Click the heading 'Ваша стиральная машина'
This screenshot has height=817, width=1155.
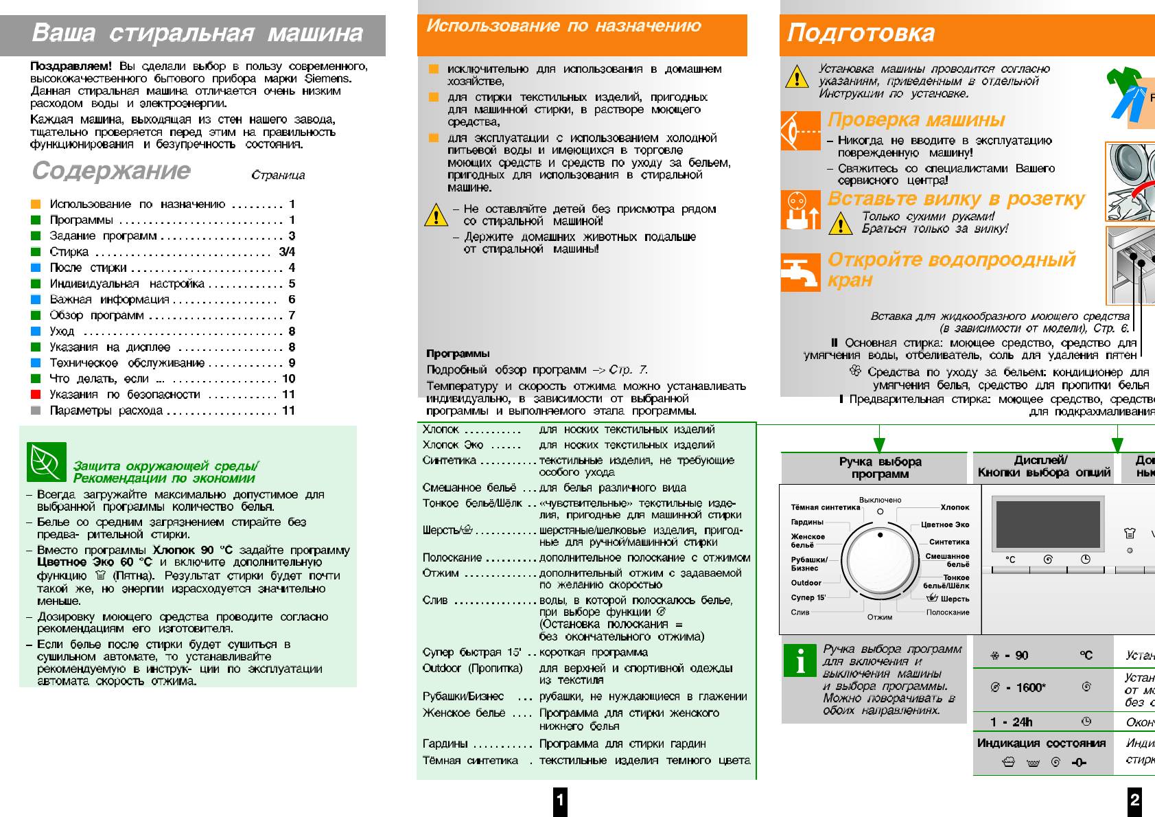(x=197, y=33)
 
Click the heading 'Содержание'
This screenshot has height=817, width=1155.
(x=111, y=170)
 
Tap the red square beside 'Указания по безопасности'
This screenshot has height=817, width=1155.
(x=36, y=395)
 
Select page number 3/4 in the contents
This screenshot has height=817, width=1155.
(x=287, y=252)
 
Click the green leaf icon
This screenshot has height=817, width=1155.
(x=47, y=461)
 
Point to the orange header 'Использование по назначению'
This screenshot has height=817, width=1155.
(x=563, y=26)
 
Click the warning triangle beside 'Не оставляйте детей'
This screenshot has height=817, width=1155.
(x=436, y=216)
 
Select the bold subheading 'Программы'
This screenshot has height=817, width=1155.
(x=458, y=354)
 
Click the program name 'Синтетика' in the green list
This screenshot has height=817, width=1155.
(x=450, y=461)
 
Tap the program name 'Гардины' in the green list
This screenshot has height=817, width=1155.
(x=445, y=744)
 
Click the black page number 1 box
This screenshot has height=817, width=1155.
(x=561, y=799)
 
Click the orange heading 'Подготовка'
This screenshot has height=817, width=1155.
(x=861, y=33)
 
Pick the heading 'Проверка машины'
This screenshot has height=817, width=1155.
(x=916, y=119)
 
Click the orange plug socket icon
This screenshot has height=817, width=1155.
(x=800, y=210)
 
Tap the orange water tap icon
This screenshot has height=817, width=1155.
(x=800, y=272)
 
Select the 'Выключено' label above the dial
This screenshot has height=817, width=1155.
(x=880, y=500)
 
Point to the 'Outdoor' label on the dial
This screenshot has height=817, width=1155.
(x=806, y=583)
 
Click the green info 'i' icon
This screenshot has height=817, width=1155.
(x=800, y=660)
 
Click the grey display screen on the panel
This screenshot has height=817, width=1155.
(x=1047, y=524)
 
